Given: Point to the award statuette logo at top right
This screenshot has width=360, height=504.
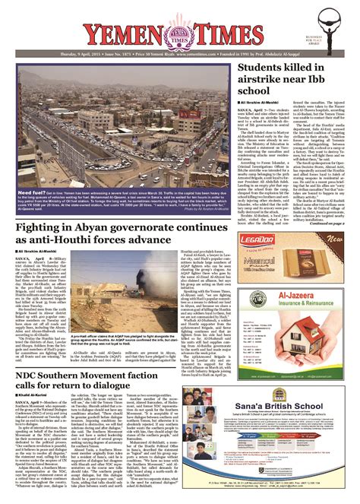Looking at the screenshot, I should tap(333, 28).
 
